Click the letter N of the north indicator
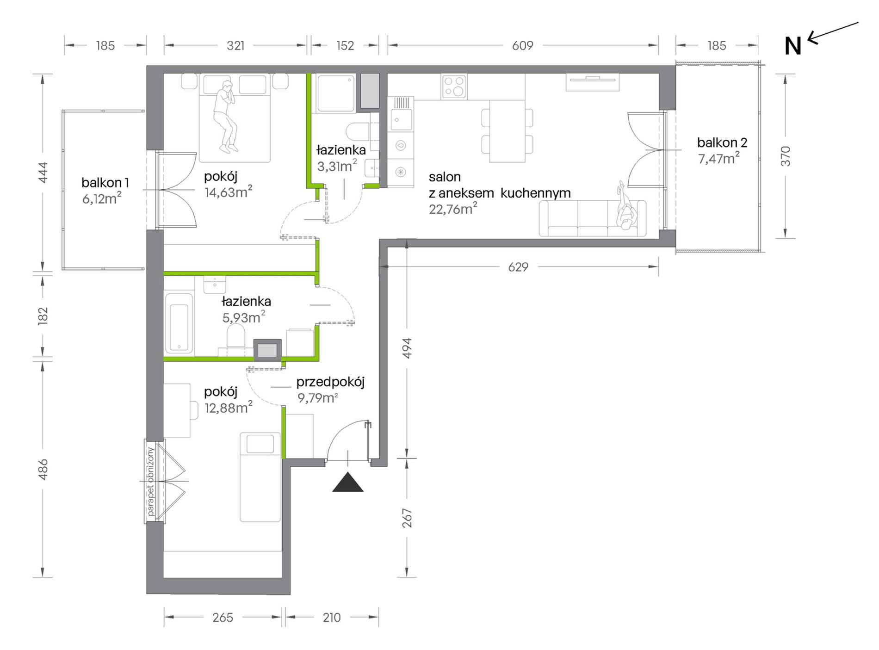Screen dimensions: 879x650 (792, 46)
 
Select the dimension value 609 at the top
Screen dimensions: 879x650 (523, 45)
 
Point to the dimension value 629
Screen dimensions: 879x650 (518, 267)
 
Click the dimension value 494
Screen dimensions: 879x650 (407, 348)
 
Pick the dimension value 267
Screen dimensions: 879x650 (407, 518)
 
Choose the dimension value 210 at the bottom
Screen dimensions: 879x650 (332, 617)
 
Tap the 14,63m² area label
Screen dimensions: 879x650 (229, 192)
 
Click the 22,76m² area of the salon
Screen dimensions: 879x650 (453, 209)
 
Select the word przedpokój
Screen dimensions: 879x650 (330, 382)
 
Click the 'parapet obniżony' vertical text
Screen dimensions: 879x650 (151, 481)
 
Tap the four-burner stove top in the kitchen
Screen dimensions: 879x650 (454, 87)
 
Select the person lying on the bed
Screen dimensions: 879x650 (226, 117)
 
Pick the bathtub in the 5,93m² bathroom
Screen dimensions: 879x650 (179, 322)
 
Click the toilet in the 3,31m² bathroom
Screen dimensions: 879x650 (358, 131)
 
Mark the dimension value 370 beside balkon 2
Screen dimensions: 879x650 (785, 156)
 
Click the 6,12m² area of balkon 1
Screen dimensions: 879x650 (102, 198)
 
